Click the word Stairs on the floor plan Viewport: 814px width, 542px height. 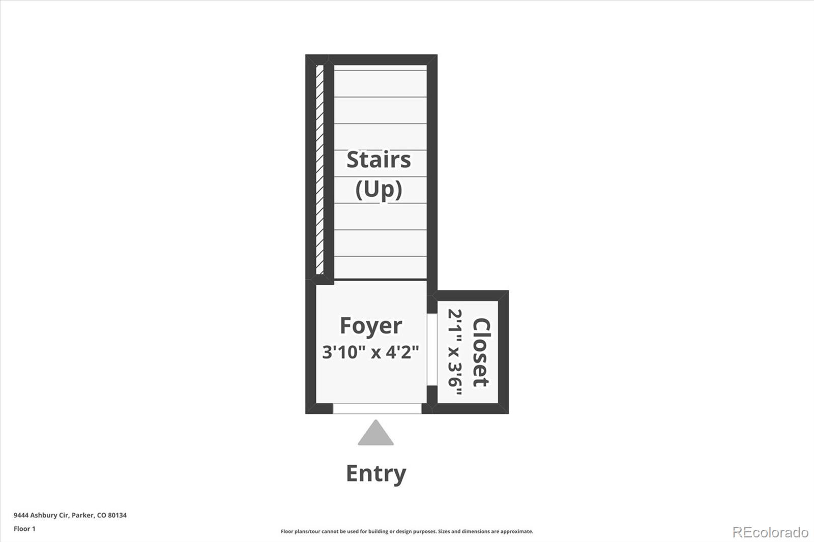point(379,160)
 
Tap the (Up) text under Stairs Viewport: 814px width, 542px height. point(379,190)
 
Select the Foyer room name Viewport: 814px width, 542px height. point(371,326)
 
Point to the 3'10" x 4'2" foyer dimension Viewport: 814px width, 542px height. point(371,352)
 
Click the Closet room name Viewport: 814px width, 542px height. point(481,352)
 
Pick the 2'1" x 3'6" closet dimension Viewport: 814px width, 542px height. point(455,352)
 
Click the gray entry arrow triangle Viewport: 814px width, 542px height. point(376,433)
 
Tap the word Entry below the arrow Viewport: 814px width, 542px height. point(376,474)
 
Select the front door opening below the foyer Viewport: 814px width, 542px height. point(377,409)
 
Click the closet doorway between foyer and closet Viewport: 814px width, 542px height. point(432,349)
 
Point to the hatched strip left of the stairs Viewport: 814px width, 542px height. point(320,170)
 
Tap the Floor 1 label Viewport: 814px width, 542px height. point(25,529)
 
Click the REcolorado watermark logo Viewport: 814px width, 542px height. point(770,532)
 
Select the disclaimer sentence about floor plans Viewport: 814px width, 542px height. point(407,531)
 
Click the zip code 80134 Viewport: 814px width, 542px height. point(117,515)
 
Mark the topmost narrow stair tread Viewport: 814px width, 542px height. point(380,68)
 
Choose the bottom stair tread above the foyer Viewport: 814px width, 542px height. point(380,268)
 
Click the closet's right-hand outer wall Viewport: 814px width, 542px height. point(503,352)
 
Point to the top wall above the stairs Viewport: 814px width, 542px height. point(371,59)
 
